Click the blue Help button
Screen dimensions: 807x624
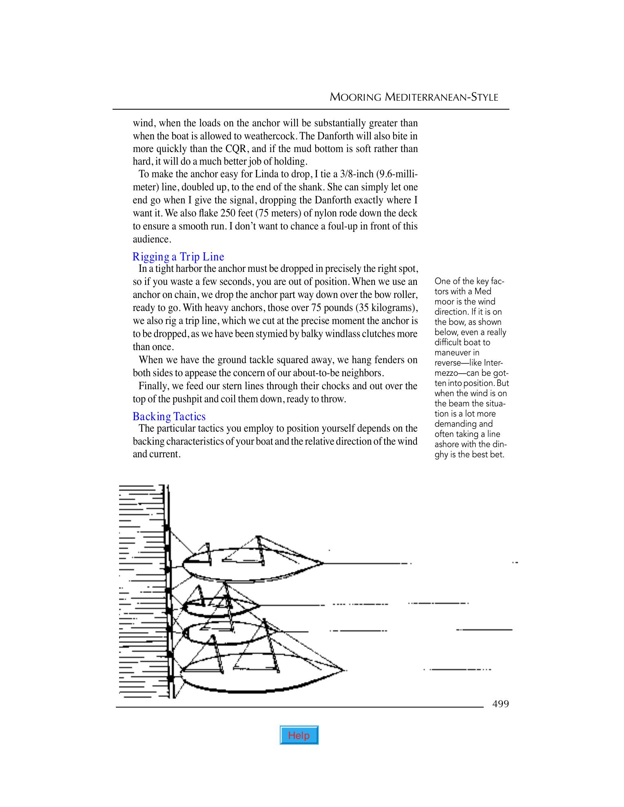299,735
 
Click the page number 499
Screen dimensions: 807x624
500,704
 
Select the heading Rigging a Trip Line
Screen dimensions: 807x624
178,257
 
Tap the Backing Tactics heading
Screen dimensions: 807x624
169,417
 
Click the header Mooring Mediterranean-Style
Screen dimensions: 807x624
414,97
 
